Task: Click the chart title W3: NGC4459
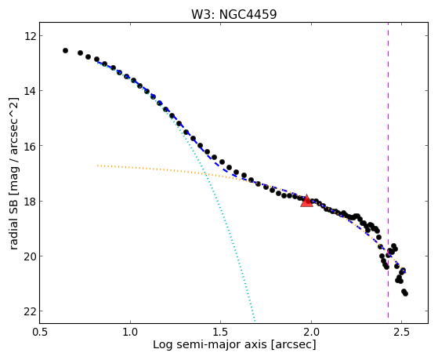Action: pyautogui.click(x=233, y=14)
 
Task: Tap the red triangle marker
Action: pyautogui.click(x=306, y=201)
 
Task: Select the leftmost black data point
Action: pyautogui.click(x=65, y=51)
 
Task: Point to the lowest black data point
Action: pyautogui.click(x=406, y=293)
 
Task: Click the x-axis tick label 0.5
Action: pyautogui.click(x=40, y=332)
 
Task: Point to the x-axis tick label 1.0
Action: pyautogui.click(x=130, y=332)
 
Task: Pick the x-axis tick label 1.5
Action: pyautogui.click(x=221, y=332)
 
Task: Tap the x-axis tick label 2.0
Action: pyautogui.click(x=311, y=332)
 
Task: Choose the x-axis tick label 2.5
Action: pyautogui.click(x=401, y=332)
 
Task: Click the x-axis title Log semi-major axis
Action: pyautogui.click(x=209, y=345)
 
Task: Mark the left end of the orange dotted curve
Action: pyautogui.click(x=97, y=165)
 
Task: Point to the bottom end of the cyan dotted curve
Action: pyautogui.click(x=255, y=321)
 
